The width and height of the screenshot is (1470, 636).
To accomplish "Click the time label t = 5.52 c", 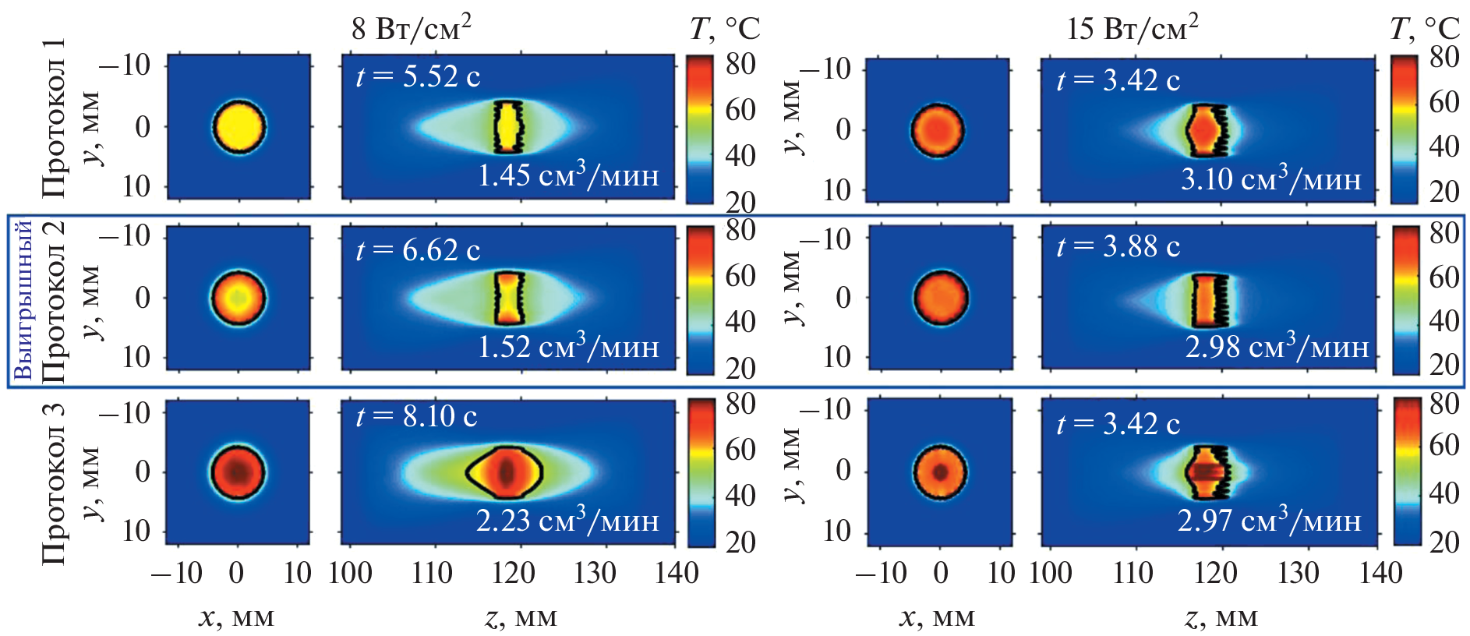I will [x=418, y=76].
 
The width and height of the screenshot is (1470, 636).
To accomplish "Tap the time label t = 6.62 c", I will [x=418, y=250].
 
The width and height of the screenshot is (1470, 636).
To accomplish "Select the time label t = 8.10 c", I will [x=416, y=416].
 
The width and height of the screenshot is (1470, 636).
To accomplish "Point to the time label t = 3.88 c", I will [x=1118, y=246].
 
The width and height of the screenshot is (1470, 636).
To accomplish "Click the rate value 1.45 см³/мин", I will [x=568, y=175].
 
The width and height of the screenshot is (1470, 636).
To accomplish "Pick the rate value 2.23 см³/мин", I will [x=567, y=520].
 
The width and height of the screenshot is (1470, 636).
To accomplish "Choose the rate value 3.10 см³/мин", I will [x=1270, y=178].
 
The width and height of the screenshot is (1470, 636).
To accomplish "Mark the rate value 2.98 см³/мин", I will [x=1277, y=346].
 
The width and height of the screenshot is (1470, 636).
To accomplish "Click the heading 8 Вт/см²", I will [x=411, y=29].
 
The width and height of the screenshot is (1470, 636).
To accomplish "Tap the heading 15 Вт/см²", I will [x=1132, y=29].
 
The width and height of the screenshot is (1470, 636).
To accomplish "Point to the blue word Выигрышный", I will [x=23, y=300].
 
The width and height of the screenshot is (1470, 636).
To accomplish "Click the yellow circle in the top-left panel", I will [x=239, y=126].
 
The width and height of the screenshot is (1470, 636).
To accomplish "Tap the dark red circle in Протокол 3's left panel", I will [x=238, y=472].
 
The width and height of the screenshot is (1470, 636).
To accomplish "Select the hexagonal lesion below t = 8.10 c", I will [x=505, y=472].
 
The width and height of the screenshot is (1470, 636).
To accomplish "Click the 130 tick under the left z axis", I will [x=595, y=574].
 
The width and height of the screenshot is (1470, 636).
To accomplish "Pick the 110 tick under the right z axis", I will [x=1133, y=574].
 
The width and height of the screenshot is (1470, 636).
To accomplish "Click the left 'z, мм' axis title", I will [x=521, y=618].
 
